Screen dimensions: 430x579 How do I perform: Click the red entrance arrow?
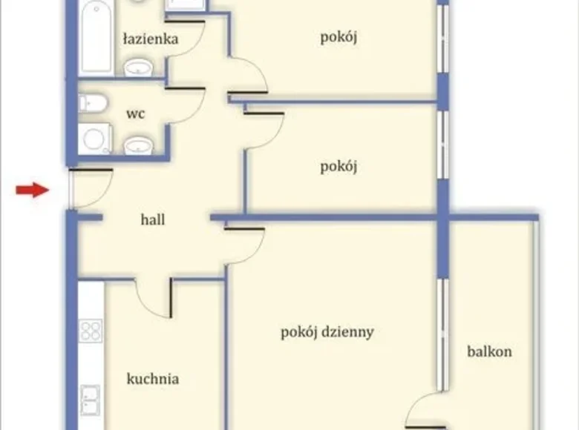33,191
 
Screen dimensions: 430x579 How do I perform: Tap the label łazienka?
150,39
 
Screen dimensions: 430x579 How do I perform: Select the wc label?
135,114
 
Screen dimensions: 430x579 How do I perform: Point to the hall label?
153,219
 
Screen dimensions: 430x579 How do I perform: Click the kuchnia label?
153,379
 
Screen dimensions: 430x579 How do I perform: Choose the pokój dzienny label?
327,332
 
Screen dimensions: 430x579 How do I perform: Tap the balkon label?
489,351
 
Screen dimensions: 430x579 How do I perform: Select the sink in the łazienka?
138,70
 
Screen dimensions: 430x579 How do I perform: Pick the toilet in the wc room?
92,102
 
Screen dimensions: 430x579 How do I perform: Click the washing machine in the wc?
95,139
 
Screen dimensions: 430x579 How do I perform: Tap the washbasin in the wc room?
138,145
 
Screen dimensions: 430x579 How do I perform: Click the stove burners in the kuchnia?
91,330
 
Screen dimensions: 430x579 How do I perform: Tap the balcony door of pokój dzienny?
427,411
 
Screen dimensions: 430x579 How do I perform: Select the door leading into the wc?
186,104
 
